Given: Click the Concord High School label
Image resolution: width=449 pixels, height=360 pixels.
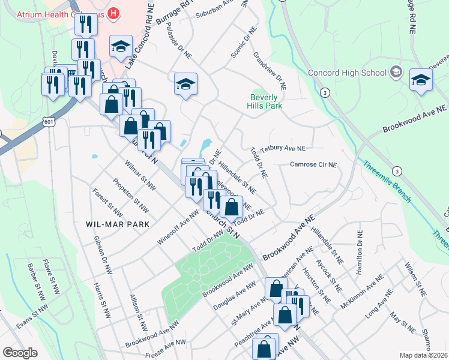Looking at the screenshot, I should (347, 73).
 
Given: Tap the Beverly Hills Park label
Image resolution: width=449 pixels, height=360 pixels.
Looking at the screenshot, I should (265, 101).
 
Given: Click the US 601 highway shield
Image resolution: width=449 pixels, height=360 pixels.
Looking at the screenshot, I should (49, 122).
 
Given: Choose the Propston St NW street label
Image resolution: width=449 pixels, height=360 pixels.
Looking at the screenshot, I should (130, 196).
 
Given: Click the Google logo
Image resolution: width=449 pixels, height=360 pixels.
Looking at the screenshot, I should (20, 352).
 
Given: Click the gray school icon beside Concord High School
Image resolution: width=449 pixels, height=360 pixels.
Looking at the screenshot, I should (396, 73).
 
